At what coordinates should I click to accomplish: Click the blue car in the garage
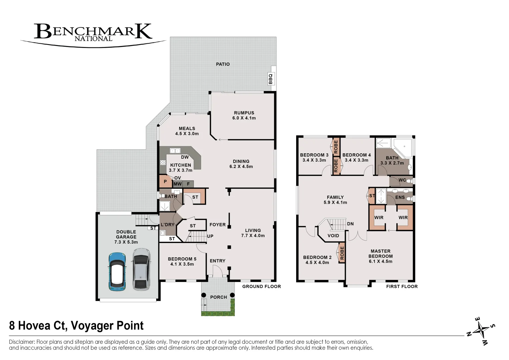117,271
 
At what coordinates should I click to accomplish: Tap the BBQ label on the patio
271,79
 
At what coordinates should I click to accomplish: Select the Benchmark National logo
93,33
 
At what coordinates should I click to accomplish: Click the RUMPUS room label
244,113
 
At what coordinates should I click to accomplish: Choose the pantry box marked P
165,182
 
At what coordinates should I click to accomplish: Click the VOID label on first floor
333,236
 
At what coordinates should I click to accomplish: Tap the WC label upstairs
402,180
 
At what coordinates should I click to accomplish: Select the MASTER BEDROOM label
380,254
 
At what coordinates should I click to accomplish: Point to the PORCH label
218,297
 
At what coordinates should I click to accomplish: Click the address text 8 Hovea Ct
76,325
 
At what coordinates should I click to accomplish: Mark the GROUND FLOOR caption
262,286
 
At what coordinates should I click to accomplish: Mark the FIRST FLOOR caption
402,286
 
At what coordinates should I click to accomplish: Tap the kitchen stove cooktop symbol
163,162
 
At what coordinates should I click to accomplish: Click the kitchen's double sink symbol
175,151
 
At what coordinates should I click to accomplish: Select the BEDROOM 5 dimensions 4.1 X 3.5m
182,264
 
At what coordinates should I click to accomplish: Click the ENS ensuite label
400,197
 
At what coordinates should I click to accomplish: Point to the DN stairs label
350,224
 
